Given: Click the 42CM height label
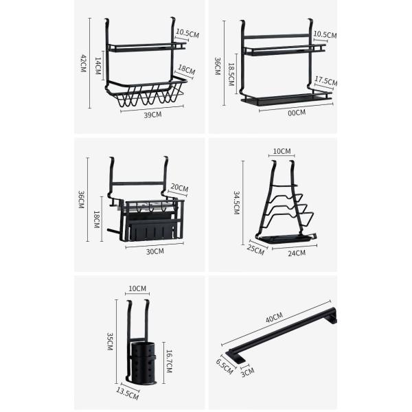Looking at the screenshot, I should tap(83, 64).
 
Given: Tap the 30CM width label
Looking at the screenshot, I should tap(155, 251).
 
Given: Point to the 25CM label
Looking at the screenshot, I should tap(256, 249).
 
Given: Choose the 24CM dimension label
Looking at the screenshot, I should tap(297, 253).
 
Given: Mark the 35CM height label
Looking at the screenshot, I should tap(109, 341).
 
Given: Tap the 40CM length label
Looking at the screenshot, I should tap(274, 317).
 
